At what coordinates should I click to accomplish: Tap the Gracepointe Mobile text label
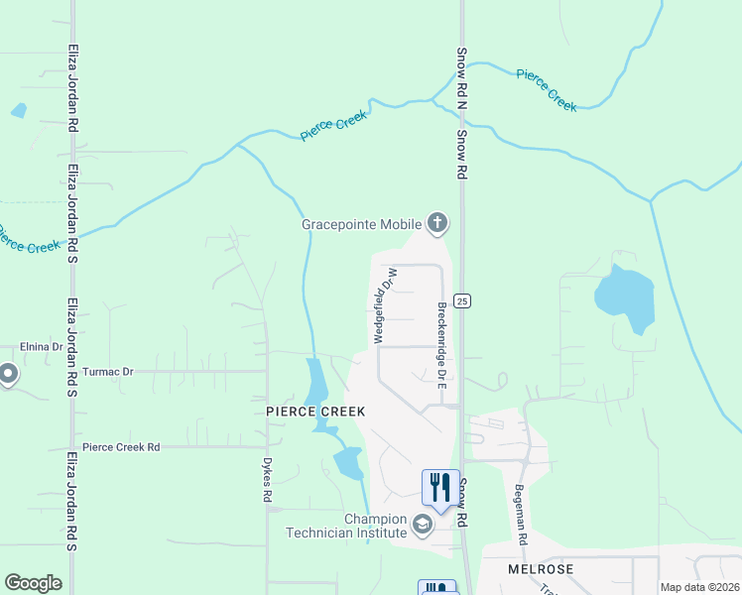point(362,224)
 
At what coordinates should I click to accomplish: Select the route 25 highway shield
point(461,299)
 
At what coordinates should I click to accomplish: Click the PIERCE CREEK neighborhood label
point(315,411)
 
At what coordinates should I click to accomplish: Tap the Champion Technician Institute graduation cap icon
point(423,524)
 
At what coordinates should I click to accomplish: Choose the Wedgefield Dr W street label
point(385,305)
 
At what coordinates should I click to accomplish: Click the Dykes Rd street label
point(267,475)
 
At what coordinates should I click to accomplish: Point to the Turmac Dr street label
point(107,371)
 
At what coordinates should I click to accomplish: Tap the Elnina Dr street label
point(41,347)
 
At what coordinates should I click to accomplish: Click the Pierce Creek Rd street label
point(121,447)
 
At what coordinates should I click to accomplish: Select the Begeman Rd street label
point(520,513)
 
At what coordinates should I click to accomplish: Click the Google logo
point(33,583)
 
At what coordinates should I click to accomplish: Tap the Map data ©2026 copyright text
point(699,587)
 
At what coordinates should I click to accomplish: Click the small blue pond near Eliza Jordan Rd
point(19,110)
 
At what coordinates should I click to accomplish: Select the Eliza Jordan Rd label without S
point(73,88)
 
